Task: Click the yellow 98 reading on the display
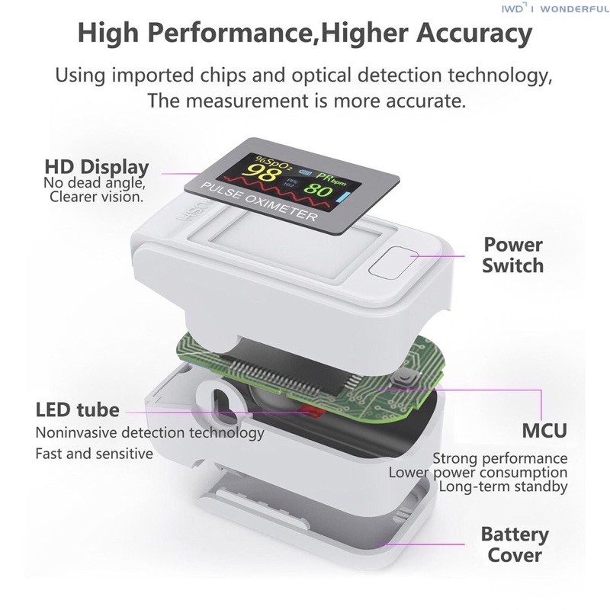pyautogui.click(x=264, y=172)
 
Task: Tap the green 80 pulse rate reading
pyautogui.click(x=318, y=189)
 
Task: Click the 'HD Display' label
pyautogui.click(x=97, y=167)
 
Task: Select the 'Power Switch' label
pyautogui.click(x=512, y=255)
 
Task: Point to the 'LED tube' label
pyautogui.click(x=78, y=410)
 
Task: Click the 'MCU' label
pyautogui.click(x=544, y=431)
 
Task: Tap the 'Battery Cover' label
pyautogui.click(x=514, y=544)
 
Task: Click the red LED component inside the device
pyautogui.click(x=311, y=411)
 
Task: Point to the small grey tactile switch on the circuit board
pyautogui.click(x=405, y=377)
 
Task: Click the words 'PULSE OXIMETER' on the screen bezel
pyautogui.click(x=258, y=201)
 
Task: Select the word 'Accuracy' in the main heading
pyautogui.click(x=474, y=33)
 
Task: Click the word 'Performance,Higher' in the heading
pyautogui.click(x=277, y=33)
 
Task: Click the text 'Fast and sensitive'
pyautogui.click(x=94, y=454)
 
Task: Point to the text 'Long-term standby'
pyautogui.click(x=503, y=486)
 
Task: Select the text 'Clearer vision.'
pyautogui.click(x=97, y=197)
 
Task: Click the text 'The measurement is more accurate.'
pyautogui.click(x=307, y=101)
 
